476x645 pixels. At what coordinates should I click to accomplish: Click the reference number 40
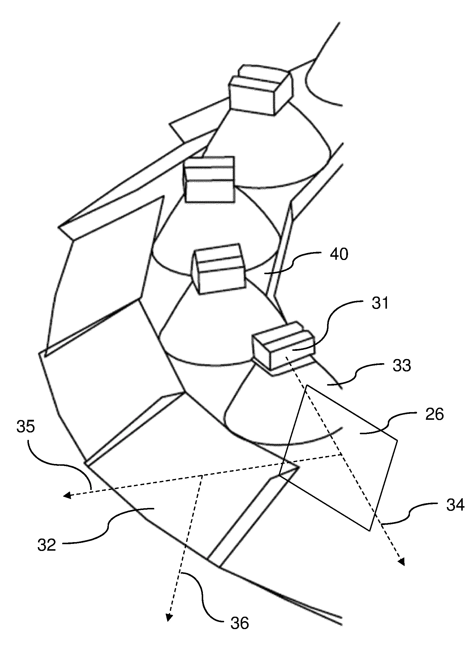click(339, 254)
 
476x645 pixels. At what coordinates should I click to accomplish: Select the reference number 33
click(401, 366)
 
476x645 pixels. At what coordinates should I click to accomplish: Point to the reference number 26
click(434, 415)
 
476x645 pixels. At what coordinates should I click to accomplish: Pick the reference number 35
click(26, 427)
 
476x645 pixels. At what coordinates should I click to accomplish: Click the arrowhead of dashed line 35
click(67, 496)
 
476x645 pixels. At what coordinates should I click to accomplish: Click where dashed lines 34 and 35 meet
click(342, 454)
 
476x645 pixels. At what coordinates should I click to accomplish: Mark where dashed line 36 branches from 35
click(201, 475)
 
